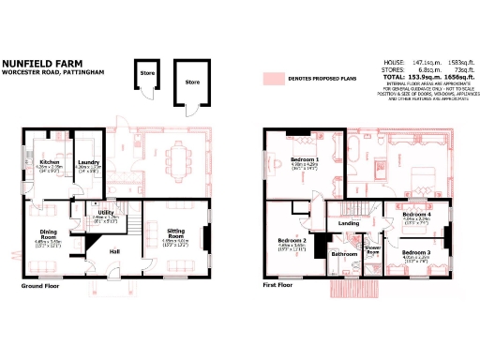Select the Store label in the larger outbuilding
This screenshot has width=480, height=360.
tap(192, 82)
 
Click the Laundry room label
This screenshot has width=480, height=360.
tap(89, 161)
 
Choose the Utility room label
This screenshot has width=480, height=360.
tap(106, 212)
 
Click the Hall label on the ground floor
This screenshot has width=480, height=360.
tap(114, 251)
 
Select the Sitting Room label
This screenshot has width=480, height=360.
tap(176, 232)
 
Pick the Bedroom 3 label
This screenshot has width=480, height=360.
tap(416, 253)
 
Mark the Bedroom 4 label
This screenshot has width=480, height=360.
tap(416, 215)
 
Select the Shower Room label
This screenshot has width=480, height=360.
tap(372, 250)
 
